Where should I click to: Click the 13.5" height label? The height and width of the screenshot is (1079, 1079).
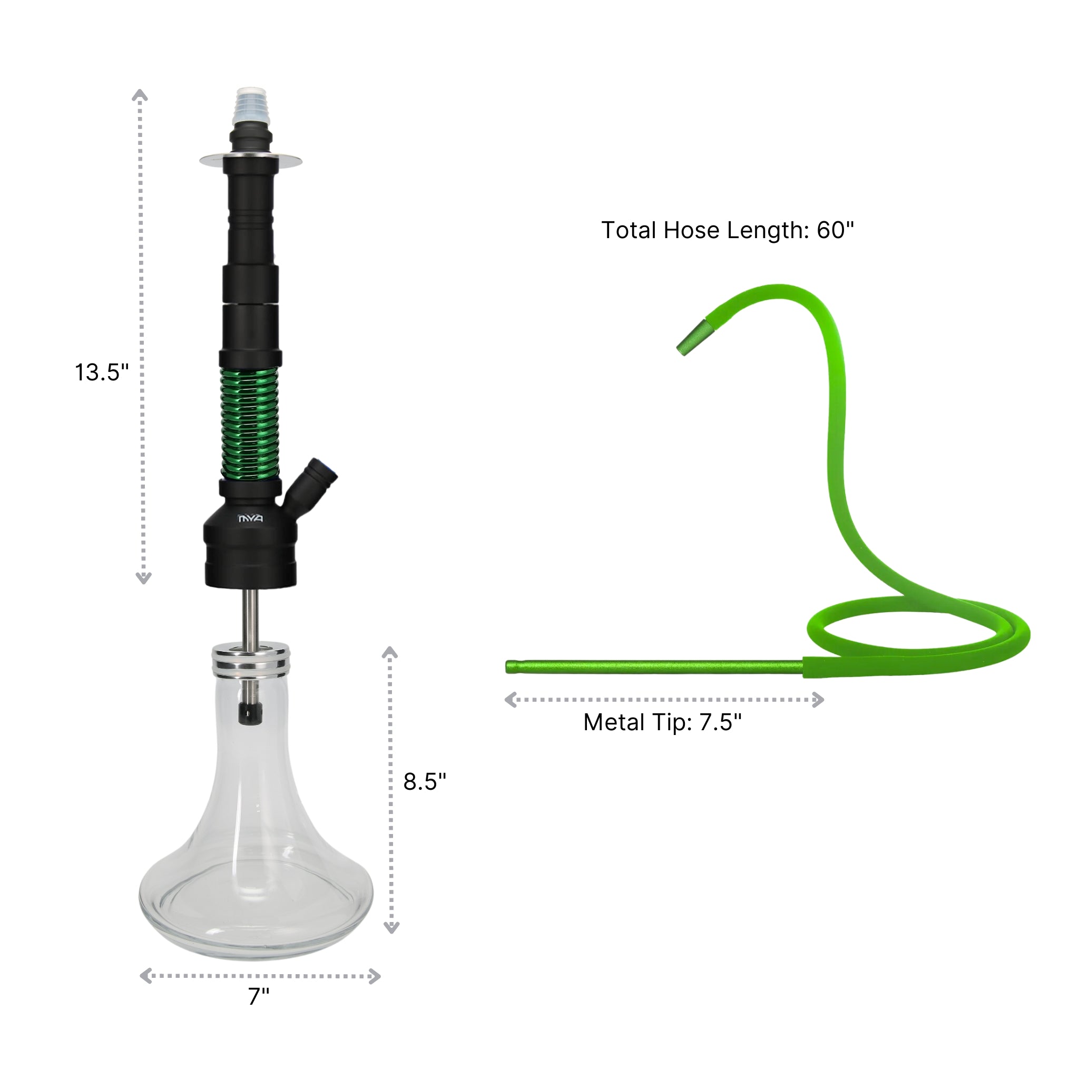point(102,372)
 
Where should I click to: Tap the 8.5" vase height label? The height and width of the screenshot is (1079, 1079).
point(425,782)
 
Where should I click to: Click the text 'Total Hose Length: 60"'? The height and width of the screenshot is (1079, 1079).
point(727,230)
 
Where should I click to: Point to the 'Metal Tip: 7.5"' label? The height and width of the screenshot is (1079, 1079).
point(662,722)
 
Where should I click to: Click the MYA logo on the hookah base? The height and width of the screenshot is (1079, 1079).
point(251,519)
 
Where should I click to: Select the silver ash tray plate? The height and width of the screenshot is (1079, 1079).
point(251,161)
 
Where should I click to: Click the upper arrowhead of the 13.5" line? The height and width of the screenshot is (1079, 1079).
point(140,94)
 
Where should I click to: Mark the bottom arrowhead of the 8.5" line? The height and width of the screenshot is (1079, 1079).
point(391,928)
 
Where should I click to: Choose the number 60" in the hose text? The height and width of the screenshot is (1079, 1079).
point(836,230)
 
